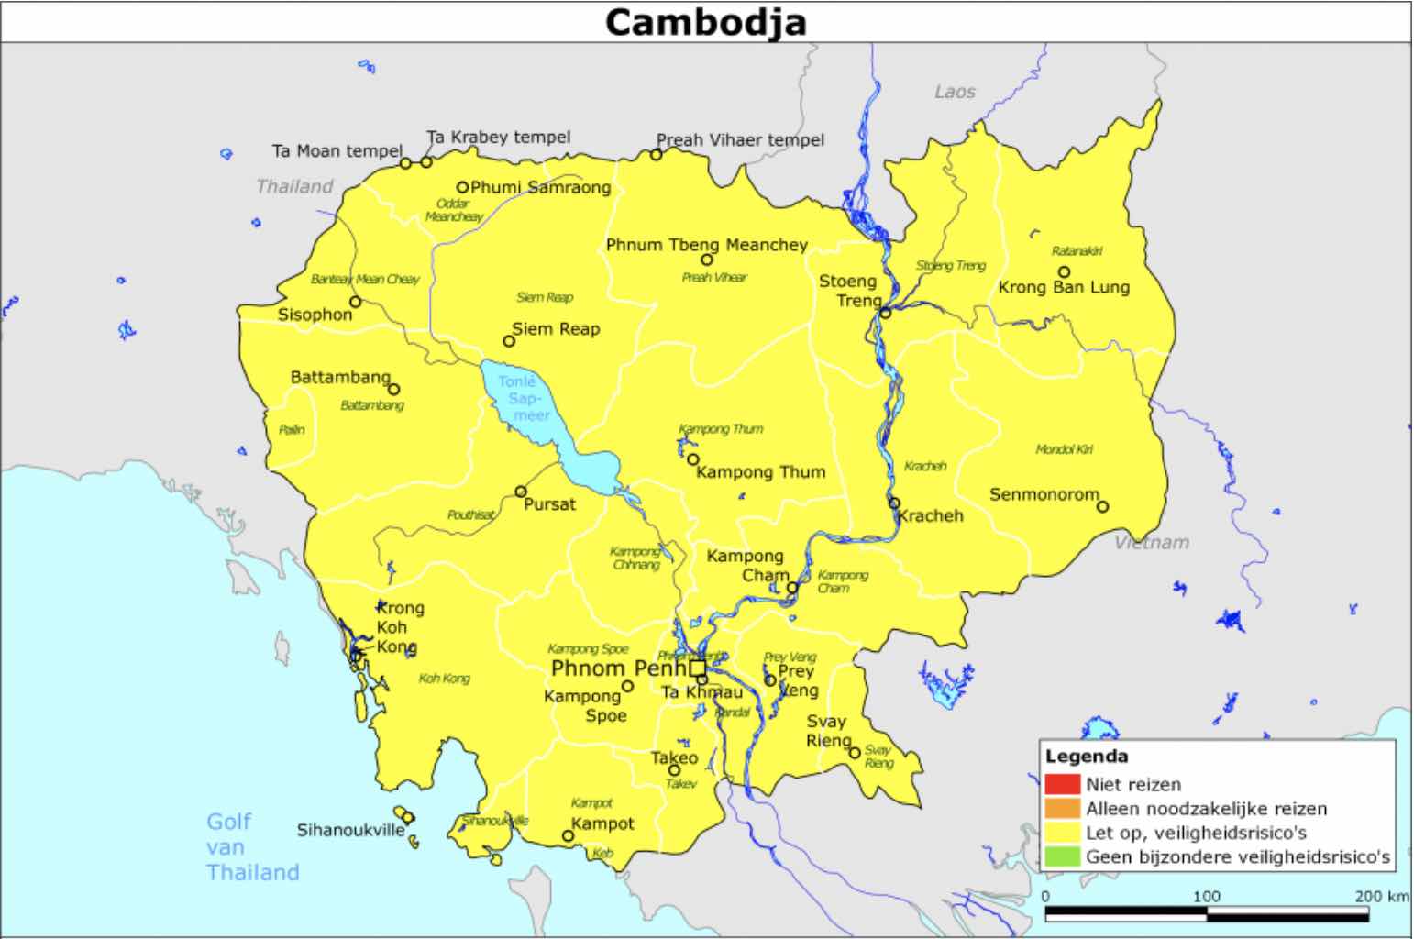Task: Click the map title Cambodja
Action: tap(705, 22)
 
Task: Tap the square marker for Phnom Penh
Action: tap(698, 668)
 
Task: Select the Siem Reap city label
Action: tap(555, 328)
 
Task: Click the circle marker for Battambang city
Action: tap(394, 390)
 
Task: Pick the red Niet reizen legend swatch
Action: tap(1061, 784)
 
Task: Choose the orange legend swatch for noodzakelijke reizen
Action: tap(1061, 809)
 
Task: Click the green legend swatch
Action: tap(1061, 857)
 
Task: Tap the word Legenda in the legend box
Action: tap(1087, 757)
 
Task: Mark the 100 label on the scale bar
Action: tap(1206, 896)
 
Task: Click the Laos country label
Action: tap(955, 92)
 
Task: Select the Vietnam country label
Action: tap(1152, 542)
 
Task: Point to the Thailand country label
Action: tap(294, 186)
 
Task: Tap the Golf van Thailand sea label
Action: tap(251, 846)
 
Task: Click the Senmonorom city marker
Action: tap(1102, 506)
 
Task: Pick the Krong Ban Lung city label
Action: tap(1064, 287)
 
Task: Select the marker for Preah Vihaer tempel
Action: tap(657, 155)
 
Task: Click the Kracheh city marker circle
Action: tap(894, 503)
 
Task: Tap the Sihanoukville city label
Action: tap(350, 830)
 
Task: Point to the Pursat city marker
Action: tap(521, 492)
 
